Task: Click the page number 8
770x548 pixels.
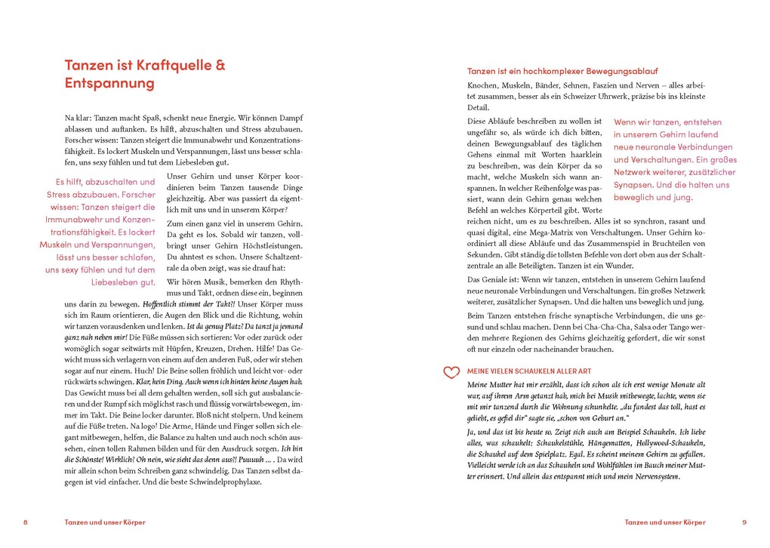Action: (x=25, y=522)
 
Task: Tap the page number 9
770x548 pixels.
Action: (x=744, y=522)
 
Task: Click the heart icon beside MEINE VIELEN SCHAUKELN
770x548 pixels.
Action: (x=451, y=372)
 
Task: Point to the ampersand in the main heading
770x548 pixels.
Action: (x=220, y=65)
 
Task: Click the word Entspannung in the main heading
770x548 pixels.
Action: (x=109, y=83)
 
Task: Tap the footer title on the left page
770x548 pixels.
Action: (x=105, y=522)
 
